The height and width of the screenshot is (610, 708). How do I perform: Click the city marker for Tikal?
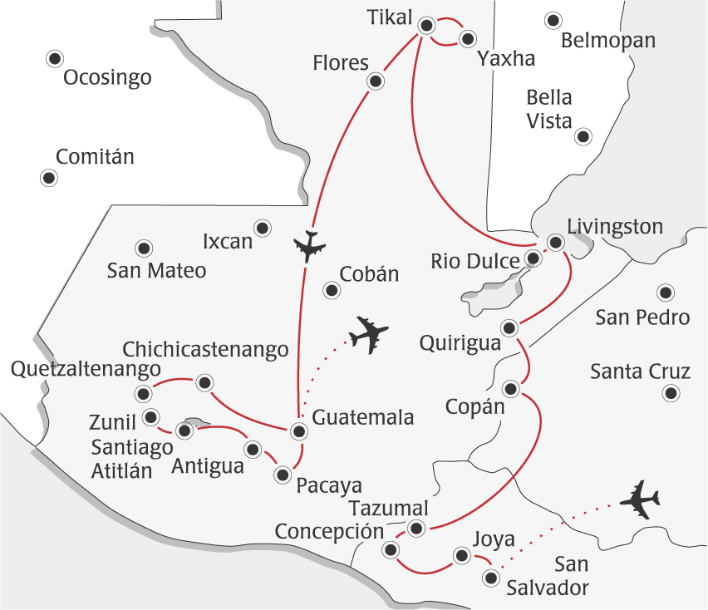point(427,26)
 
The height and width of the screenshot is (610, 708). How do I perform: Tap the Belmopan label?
point(608,41)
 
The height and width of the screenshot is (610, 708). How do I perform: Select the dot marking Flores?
point(376,81)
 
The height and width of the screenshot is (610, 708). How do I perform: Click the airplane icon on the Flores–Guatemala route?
point(310,245)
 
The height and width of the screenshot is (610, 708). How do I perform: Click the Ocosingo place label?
point(108,78)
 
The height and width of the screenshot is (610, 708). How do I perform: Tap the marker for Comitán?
point(49,177)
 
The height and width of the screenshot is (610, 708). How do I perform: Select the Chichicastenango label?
point(205,350)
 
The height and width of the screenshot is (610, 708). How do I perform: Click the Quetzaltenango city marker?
point(144,393)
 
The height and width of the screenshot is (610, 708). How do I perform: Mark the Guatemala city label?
point(363,418)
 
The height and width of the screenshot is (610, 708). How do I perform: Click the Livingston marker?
point(556,242)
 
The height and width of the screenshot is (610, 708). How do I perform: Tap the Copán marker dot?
point(512,388)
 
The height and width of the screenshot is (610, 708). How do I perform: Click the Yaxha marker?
point(468,38)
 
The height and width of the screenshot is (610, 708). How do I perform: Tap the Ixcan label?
point(228,242)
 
